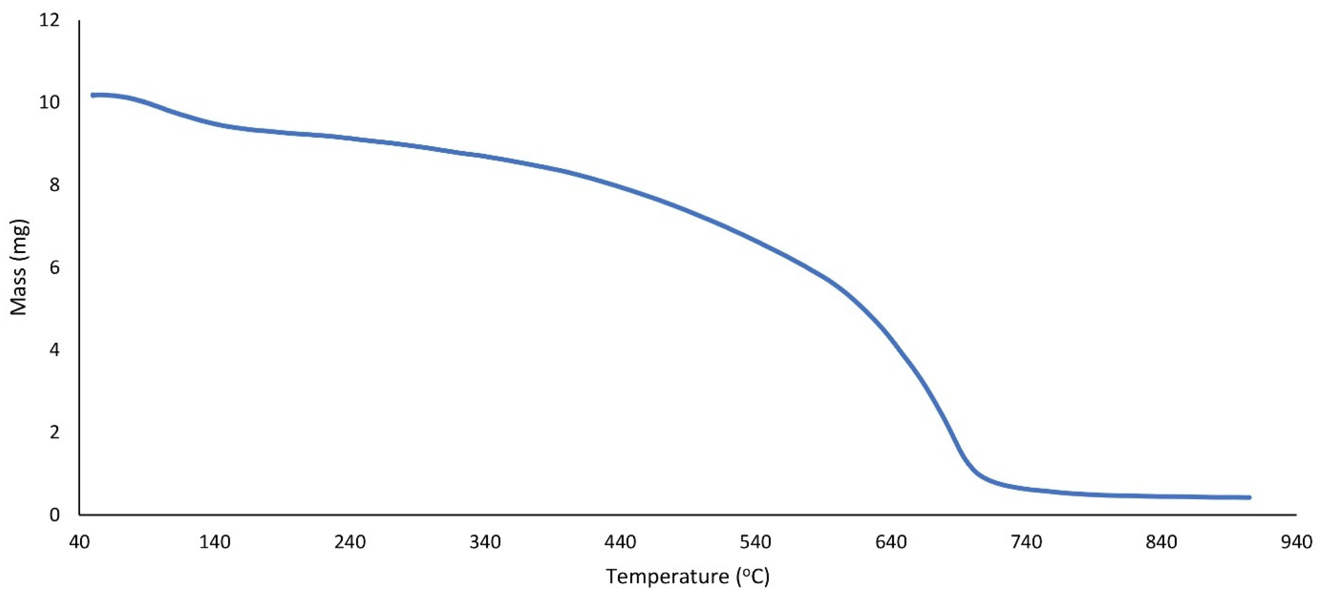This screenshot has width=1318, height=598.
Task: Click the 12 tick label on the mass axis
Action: pyautogui.click(x=50, y=20)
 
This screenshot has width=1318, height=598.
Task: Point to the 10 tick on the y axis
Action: pyautogui.click(x=50, y=103)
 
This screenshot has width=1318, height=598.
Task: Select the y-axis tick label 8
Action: pyautogui.click(x=55, y=185)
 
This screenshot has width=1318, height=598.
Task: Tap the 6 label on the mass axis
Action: pyautogui.click(x=55, y=268)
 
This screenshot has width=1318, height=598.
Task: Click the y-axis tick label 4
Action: pyautogui.click(x=55, y=350)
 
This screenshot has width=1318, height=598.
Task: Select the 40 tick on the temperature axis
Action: pyautogui.click(x=79, y=542)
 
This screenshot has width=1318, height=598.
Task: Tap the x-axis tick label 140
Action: pyautogui.click(x=215, y=542)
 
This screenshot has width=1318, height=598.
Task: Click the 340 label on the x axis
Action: pyautogui.click(x=485, y=542)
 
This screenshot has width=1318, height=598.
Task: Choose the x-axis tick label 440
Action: pyautogui.click(x=620, y=542)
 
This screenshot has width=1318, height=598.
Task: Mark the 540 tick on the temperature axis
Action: pyautogui.click(x=756, y=542)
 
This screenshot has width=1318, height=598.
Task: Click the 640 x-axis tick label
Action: pyautogui.click(x=891, y=542)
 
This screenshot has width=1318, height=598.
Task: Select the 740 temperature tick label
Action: pyautogui.click(x=1026, y=542)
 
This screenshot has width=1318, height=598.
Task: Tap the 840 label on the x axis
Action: pyautogui.click(x=1161, y=542)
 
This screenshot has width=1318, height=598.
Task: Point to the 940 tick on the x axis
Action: pyautogui.click(x=1296, y=542)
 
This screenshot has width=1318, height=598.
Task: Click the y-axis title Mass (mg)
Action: pyautogui.click(x=19, y=268)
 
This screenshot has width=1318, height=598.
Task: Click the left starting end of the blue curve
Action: pyautogui.click(x=93, y=95)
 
